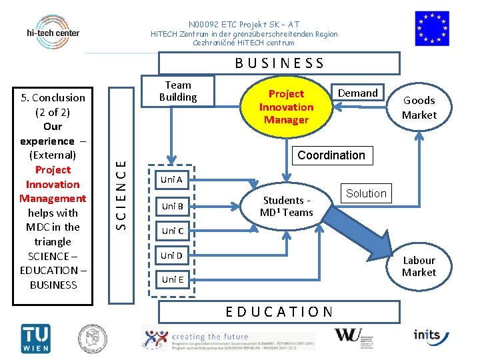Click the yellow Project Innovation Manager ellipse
click(286, 107)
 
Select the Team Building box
click(178, 91)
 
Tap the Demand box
click(358, 93)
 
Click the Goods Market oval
click(419, 107)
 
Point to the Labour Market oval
click(419, 266)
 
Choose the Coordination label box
click(331, 155)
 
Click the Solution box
click(366, 193)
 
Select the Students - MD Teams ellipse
click(287, 206)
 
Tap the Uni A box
click(172, 180)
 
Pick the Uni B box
click(172, 206)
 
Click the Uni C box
click(172, 231)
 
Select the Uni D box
click(172, 255)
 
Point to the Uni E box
click(172, 279)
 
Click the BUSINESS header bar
click(279, 63)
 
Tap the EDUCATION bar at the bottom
click(279, 311)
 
